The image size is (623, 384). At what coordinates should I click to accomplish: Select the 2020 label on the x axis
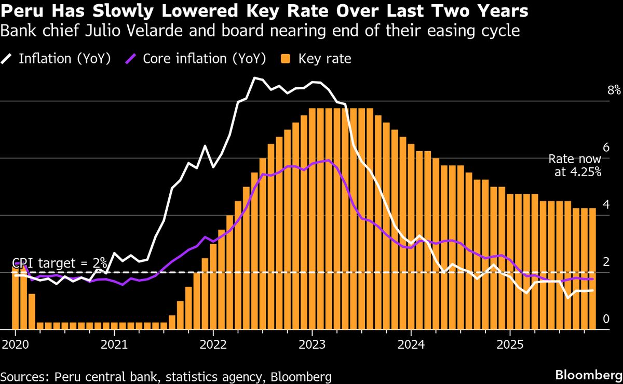[x=15, y=344]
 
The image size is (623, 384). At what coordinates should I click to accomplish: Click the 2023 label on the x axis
[x=312, y=344]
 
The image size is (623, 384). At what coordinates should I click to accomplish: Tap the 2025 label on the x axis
[x=510, y=344]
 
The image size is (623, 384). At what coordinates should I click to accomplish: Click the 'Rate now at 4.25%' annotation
[x=575, y=166]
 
